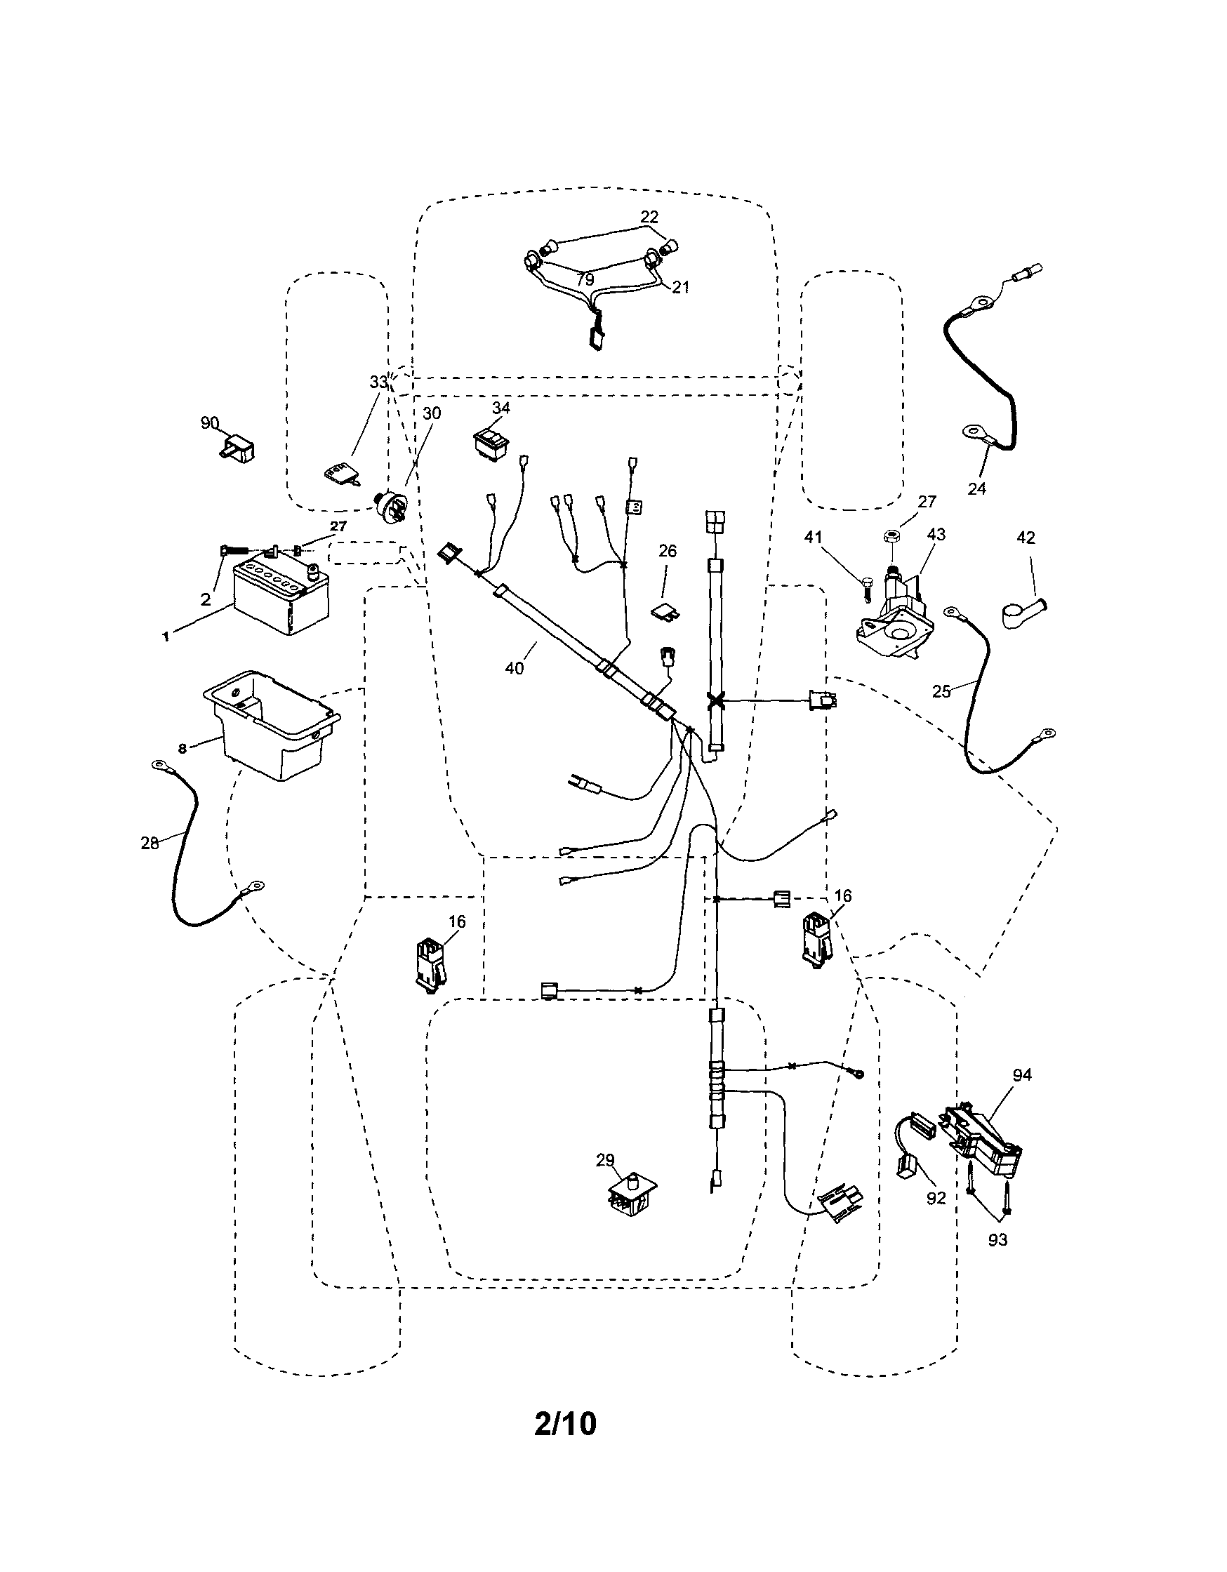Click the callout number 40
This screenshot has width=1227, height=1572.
[x=514, y=668]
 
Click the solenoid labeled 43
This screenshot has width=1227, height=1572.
[x=896, y=613]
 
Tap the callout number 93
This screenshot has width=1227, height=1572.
[x=997, y=1239]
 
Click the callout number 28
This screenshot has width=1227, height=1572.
[x=150, y=843]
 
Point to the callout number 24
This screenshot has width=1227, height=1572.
[x=976, y=488]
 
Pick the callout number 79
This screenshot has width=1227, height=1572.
[x=585, y=279]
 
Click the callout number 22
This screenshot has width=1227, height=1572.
[x=649, y=217]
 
